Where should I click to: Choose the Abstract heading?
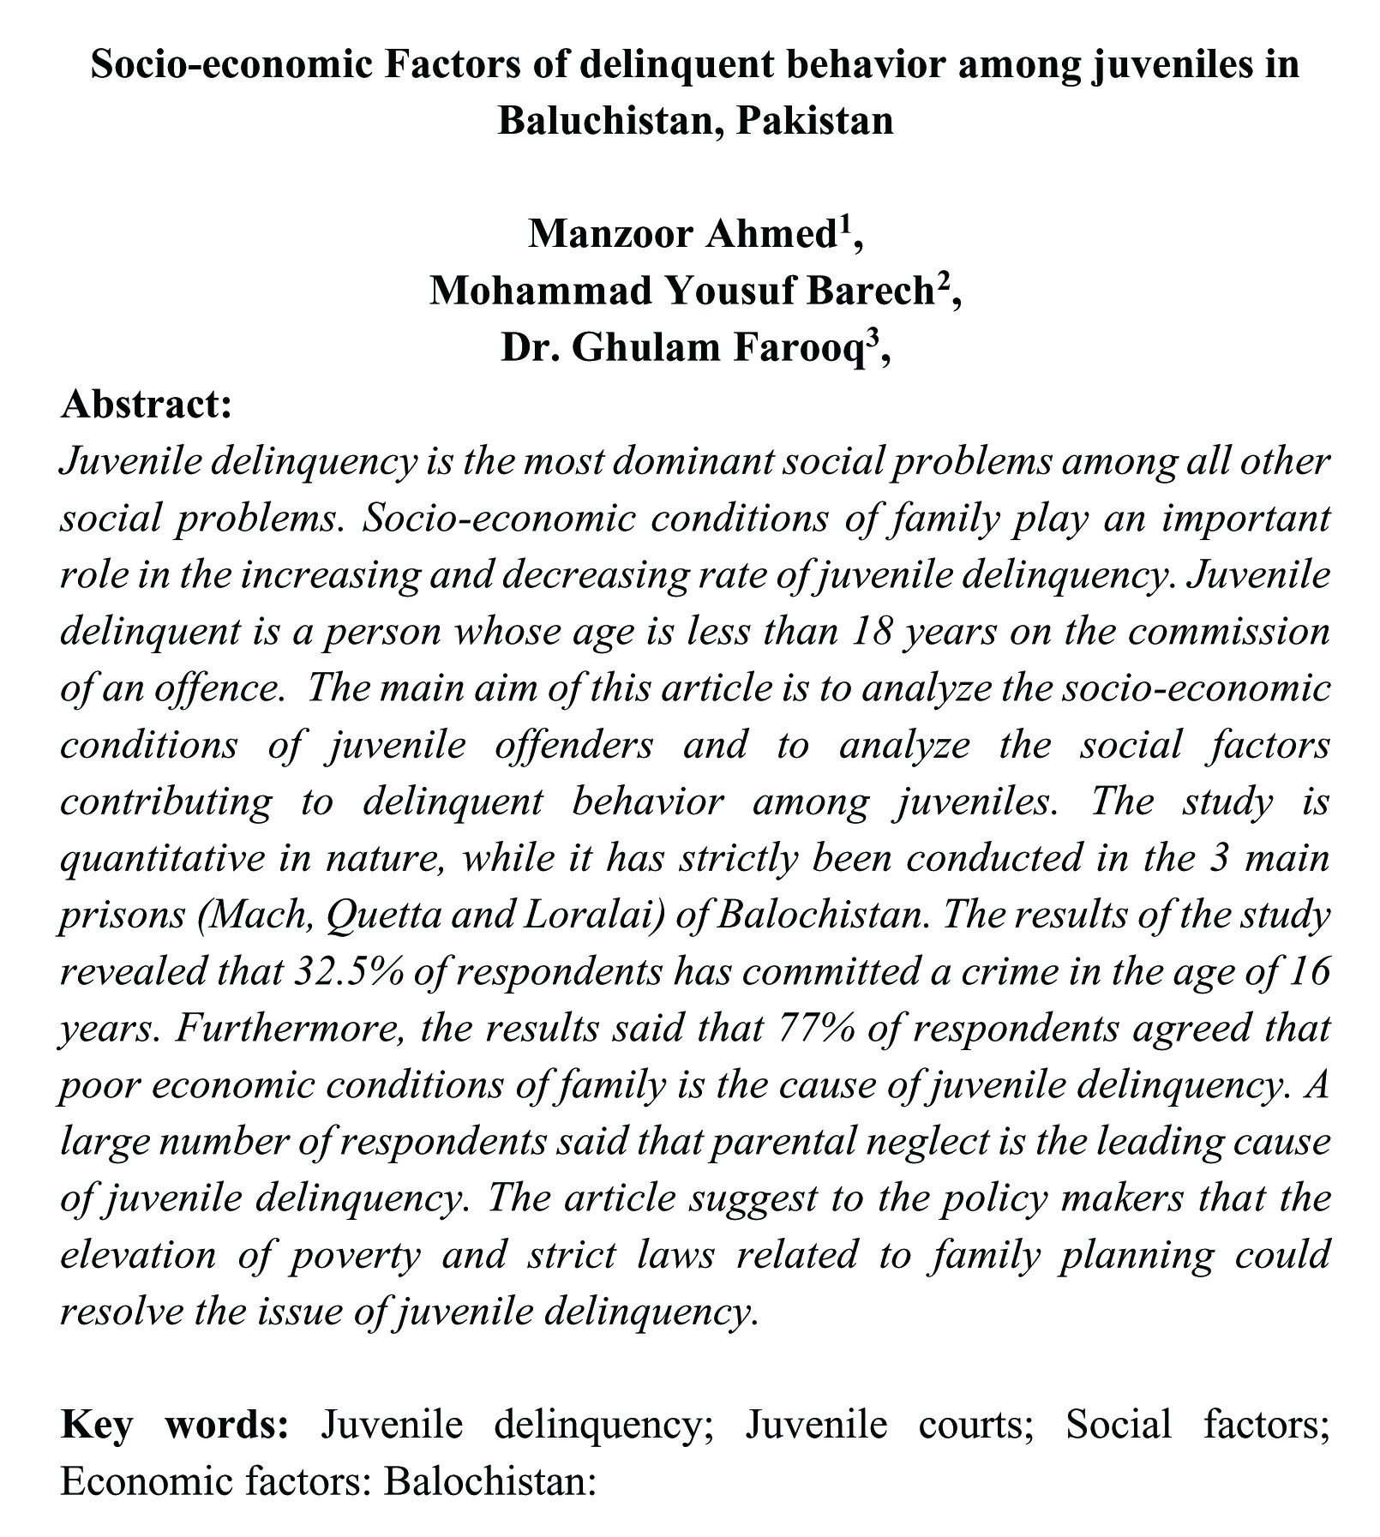pos(147,404)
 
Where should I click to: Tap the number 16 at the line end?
pos(1308,971)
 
